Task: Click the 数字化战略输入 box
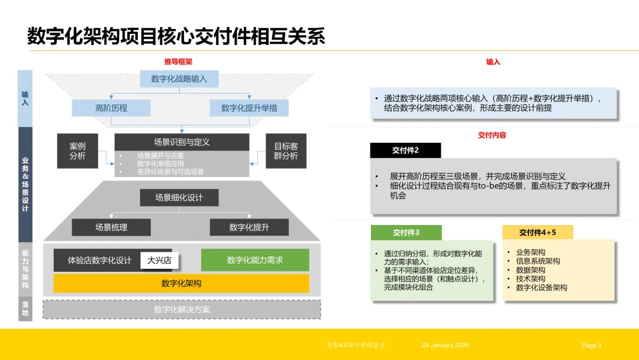pos(179,79)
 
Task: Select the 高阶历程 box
pos(111,108)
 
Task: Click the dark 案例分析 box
pos(77,150)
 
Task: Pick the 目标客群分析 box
pos(285,150)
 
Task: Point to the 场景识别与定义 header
pos(182,142)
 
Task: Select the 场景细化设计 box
pos(179,198)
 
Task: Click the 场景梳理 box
pos(111,227)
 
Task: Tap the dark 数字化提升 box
pos(249,227)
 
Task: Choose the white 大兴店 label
pos(159,261)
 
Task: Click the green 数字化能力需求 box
pos(255,260)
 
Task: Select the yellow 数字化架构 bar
pos(181,283)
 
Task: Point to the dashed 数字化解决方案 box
pos(182,309)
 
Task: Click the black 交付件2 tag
pos(405,150)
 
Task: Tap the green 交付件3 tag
pos(406,233)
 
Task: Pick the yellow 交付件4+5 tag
pos(537,233)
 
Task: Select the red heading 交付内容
pos(492,135)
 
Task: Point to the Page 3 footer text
pos(591,345)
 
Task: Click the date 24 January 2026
pos(445,345)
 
